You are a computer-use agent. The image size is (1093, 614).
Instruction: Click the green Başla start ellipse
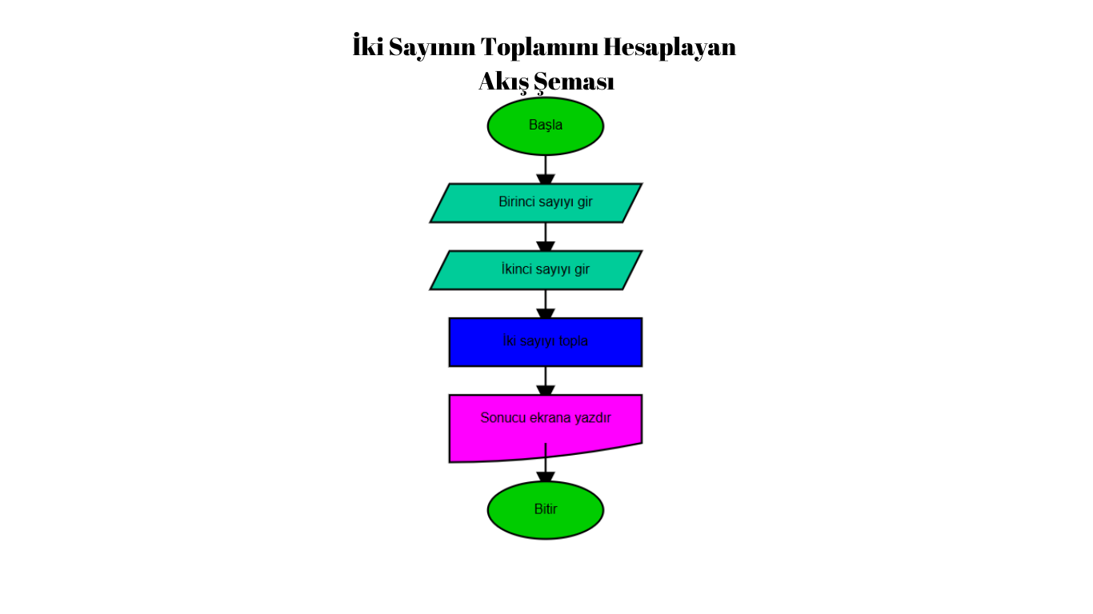click(546, 126)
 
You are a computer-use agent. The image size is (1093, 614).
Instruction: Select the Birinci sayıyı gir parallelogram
click(536, 203)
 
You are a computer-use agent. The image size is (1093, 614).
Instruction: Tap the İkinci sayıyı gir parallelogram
click(536, 270)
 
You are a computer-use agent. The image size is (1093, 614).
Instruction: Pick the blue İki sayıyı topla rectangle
click(546, 342)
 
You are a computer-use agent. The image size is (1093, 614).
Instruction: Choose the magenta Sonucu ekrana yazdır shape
click(546, 425)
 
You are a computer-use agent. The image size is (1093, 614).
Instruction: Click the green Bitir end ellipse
click(546, 510)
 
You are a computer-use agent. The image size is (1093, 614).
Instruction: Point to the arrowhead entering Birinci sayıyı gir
click(546, 179)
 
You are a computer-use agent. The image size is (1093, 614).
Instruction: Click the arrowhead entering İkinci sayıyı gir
click(546, 247)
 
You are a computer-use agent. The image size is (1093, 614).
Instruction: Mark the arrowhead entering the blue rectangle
click(546, 313)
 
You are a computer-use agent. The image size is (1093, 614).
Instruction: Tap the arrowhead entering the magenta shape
click(546, 390)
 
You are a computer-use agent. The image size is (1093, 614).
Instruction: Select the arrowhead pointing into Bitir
click(546, 476)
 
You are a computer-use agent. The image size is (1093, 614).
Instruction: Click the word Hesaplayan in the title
click(670, 48)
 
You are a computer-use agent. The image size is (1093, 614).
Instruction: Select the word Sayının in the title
click(432, 48)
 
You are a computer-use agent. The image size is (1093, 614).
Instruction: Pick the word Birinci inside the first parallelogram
click(516, 201)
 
